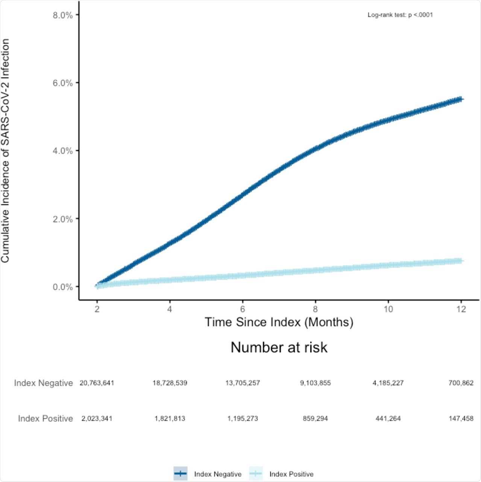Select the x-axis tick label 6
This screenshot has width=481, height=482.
tap(243, 309)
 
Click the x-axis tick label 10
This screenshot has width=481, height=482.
tap(388, 309)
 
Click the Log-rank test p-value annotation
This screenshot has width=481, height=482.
tap(400, 15)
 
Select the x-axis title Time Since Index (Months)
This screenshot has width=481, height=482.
tap(279, 322)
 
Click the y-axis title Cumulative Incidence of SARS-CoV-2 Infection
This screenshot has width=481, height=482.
tap(5, 151)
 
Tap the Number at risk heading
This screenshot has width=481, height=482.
tap(279, 347)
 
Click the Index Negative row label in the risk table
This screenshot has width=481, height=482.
tap(43, 383)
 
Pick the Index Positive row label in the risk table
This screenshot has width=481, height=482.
tap(45, 419)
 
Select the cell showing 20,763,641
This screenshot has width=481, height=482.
tap(97, 383)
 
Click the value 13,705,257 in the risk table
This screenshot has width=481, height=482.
tap(243, 383)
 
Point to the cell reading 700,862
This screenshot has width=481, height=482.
tap(461, 383)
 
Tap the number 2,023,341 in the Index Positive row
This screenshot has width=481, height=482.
tap(97, 419)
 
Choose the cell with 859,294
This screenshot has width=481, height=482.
tap(315, 419)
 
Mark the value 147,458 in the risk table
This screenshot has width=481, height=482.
tap(461, 419)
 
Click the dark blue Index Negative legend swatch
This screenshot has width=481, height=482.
tap(181, 474)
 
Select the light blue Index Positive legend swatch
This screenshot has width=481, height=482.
tap(256, 474)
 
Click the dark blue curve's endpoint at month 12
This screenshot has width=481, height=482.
tap(461, 99)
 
